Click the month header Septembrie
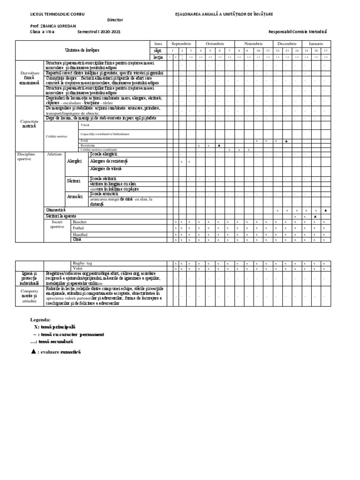[181, 43]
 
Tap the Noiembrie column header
[253, 43]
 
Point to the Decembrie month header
[287, 43]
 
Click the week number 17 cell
[325, 50]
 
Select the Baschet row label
[80, 221]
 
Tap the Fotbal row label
[79, 227]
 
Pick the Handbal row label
[80, 234]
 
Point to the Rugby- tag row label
[83, 263]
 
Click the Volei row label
[77, 269]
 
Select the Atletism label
[54, 154]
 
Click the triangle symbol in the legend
[33, 351]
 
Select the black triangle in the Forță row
[286, 141]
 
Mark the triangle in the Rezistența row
[219, 145]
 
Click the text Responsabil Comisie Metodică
[298, 31]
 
